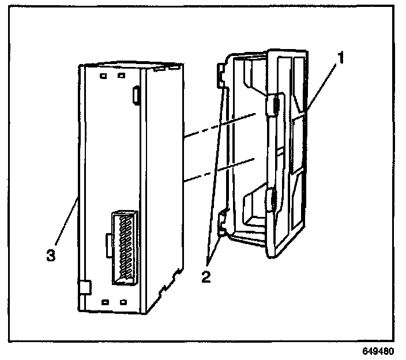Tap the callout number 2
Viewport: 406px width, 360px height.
[206, 276]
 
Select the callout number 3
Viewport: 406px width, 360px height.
[51, 254]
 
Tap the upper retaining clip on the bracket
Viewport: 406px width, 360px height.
[274, 105]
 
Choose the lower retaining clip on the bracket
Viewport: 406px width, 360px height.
[272, 200]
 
